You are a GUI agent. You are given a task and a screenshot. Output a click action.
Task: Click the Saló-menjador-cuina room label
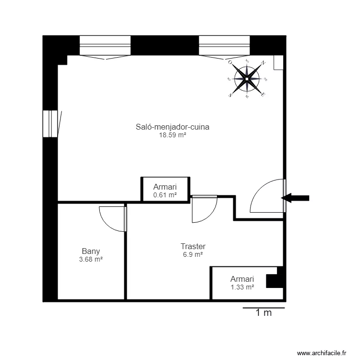tap(172, 127)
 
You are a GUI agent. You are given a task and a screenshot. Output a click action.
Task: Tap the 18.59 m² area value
tap(172, 135)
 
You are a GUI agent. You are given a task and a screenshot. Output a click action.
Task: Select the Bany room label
tap(91, 251)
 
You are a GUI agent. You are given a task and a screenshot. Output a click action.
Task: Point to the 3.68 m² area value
tap(91, 259)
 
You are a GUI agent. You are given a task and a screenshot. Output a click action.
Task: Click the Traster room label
tap(193, 246)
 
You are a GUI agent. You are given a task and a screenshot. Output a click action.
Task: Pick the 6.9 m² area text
tap(193, 254)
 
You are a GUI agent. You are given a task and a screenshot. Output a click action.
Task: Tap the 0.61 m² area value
tap(165, 195)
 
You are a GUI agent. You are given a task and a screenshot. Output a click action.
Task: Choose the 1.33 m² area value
tap(242, 287)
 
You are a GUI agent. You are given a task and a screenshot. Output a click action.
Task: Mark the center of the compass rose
tap(247, 79)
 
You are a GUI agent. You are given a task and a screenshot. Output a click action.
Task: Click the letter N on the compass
tap(263, 63)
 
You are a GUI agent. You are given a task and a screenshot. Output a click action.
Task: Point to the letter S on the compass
tap(231, 95)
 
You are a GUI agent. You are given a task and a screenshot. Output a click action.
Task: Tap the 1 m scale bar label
tap(264, 313)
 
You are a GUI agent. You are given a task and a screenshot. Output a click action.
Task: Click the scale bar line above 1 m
tap(264, 307)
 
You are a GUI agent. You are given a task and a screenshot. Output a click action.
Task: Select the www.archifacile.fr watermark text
tap(322, 352)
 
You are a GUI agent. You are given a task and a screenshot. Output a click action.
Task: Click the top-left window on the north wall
tap(105, 46)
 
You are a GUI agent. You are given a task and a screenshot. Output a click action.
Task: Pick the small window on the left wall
tap(50, 123)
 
